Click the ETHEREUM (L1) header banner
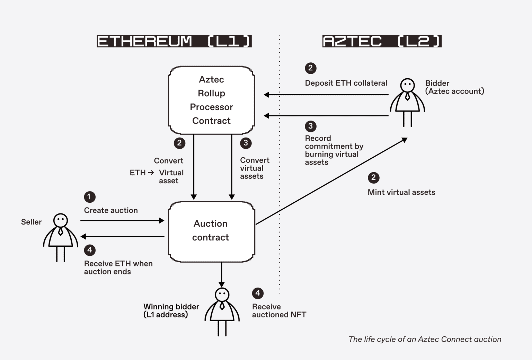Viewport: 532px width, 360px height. click(174, 41)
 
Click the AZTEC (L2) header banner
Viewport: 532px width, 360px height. click(382, 41)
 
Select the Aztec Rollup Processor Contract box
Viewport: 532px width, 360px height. click(211, 100)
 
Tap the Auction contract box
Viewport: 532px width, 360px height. click(211, 231)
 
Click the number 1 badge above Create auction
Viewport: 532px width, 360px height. click(89, 197)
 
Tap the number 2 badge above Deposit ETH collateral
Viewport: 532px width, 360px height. click(310, 68)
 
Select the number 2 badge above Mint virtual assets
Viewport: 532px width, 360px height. click(373, 178)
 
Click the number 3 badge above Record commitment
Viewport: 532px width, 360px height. click(310, 126)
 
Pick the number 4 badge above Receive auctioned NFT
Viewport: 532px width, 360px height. click(258, 293)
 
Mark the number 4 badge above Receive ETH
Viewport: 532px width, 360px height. click(90, 250)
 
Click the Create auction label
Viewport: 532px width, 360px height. click(111, 210)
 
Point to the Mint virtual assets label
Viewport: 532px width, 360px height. click(401, 192)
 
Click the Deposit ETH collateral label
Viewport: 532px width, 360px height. click(346, 83)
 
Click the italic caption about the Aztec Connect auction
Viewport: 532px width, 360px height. click(425, 339)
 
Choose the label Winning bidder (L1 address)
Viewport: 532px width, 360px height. click(171, 311)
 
